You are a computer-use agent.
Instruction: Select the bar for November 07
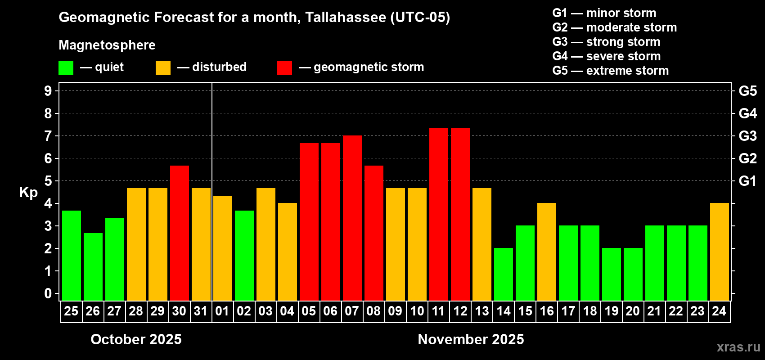(352, 218)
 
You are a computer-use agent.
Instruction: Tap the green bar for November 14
(504, 274)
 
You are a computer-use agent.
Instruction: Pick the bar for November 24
(720, 252)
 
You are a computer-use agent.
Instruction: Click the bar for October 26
(93, 267)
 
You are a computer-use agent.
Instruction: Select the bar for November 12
(460, 215)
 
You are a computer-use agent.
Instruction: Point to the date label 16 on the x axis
(547, 311)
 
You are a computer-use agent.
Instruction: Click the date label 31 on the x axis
(201, 311)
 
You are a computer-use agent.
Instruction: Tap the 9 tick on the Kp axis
(48, 91)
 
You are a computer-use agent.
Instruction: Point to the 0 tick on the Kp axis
(48, 294)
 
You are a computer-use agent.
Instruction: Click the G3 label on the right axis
(747, 136)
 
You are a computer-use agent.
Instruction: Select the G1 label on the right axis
(747, 181)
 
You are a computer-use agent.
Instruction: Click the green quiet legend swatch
(66, 68)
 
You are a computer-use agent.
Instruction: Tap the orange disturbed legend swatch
(163, 68)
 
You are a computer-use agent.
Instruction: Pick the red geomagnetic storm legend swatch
(285, 68)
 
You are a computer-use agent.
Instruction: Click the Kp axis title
(28, 192)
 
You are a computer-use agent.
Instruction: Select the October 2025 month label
(136, 339)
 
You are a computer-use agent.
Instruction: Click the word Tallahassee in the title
(346, 17)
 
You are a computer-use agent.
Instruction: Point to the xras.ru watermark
(738, 347)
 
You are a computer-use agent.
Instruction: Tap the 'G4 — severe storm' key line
(607, 56)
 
